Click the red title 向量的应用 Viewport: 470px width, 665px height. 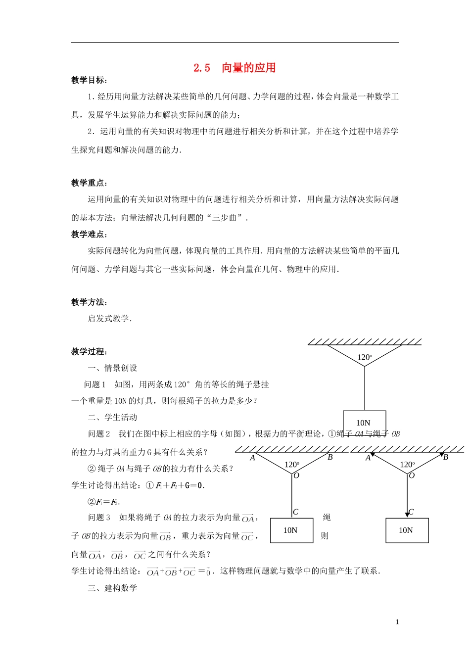(248, 68)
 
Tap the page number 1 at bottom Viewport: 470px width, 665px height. (397, 622)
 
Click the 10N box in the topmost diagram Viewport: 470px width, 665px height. (364, 423)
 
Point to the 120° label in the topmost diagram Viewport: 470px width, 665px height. (365, 357)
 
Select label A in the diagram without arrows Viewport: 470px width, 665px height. (253, 458)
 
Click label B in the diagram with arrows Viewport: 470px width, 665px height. (445, 457)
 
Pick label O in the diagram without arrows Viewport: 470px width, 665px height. (296, 475)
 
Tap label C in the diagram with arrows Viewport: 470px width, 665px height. (411, 512)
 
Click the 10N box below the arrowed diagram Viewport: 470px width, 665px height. (407, 530)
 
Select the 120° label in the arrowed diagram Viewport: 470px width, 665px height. (407, 465)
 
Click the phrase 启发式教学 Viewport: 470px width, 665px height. (109, 319)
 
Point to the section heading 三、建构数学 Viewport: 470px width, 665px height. (112, 588)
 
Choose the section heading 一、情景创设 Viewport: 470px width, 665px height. (112, 368)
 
